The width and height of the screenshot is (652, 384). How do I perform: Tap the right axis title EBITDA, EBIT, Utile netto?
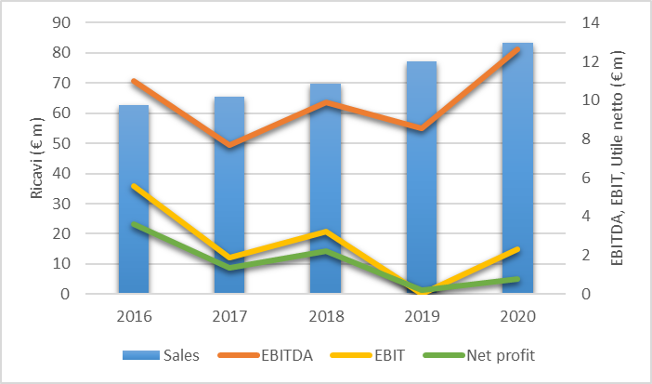pyautogui.click(x=618, y=158)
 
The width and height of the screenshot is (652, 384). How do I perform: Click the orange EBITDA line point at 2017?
pyautogui.click(x=229, y=145)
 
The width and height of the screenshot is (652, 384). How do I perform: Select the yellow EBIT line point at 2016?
pyautogui.click(x=134, y=186)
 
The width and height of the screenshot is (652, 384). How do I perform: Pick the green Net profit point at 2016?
pyautogui.click(x=134, y=224)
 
